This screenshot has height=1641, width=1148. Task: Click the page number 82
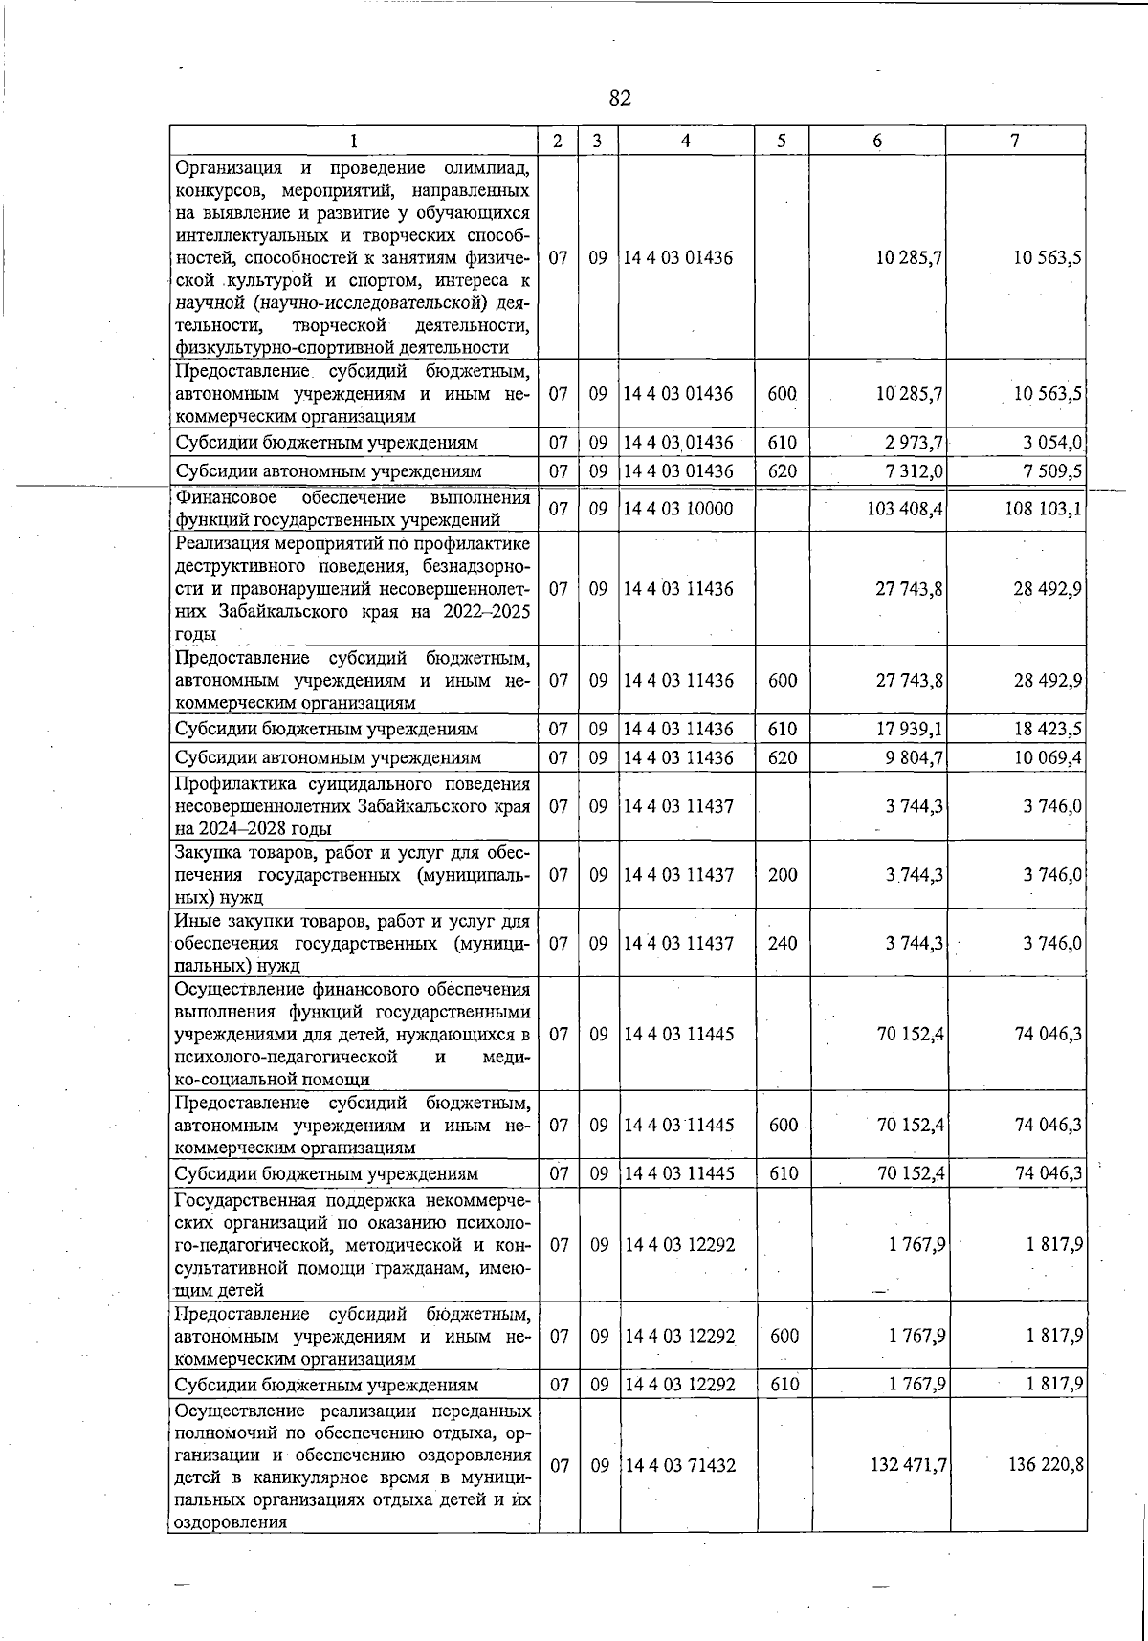pyautogui.click(x=620, y=98)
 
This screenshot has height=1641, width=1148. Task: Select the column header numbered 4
pyautogui.click(x=686, y=141)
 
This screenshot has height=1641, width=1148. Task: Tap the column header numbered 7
pyautogui.click(x=1015, y=141)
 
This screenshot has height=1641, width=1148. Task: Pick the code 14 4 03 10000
pyautogui.click(x=678, y=509)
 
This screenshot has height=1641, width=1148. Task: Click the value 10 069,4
pyautogui.click(x=1049, y=757)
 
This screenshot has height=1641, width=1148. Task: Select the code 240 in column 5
pyautogui.click(x=782, y=943)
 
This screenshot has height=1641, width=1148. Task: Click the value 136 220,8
pyautogui.click(x=1046, y=1465)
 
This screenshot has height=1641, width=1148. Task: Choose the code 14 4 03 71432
pyautogui.click(x=678, y=1465)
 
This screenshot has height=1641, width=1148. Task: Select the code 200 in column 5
pyautogui.click(x=782, y=874)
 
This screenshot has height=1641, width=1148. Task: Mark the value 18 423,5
pyautogui.click(x=1049, y=729)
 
